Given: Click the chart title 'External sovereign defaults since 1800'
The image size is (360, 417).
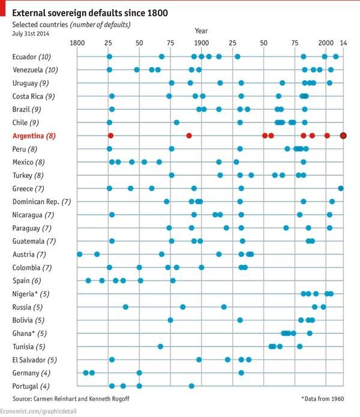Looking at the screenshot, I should pyautogui.click(x=90, y=13).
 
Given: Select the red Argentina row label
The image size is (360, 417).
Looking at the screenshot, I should pyautogui.click(x=34, y=136).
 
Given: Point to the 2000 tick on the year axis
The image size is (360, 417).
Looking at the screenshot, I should pyautogui.click(x=326, y=43).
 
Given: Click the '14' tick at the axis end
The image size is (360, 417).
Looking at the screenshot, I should pyautogui.click(x=343, y=43).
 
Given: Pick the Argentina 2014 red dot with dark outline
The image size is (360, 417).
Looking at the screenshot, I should pyautogui.click(x=343, y=136).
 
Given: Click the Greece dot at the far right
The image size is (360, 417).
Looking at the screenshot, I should pyautogui.click(x=341, y=188).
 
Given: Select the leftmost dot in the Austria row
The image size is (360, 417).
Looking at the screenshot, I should pyautogui.click(x=80, y=254).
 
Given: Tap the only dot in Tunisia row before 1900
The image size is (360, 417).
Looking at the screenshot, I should pyautogui.click(x=160, y=347).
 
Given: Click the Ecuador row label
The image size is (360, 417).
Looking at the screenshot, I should pyautogui.click(x=32, y=57).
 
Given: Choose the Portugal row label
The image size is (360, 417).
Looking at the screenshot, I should pyautogui.click(x=31, y=386).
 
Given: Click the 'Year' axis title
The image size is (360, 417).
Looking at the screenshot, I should pyautogui.click(x=202, y=31).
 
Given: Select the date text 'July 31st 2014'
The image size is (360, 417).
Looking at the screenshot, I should pyautogui.click(x=31, y=34).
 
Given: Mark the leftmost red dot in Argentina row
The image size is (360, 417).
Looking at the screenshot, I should pyautogui.click(x=110, y=136).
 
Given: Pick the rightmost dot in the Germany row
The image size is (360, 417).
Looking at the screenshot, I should pyautogui.click(x=241, y=373).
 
